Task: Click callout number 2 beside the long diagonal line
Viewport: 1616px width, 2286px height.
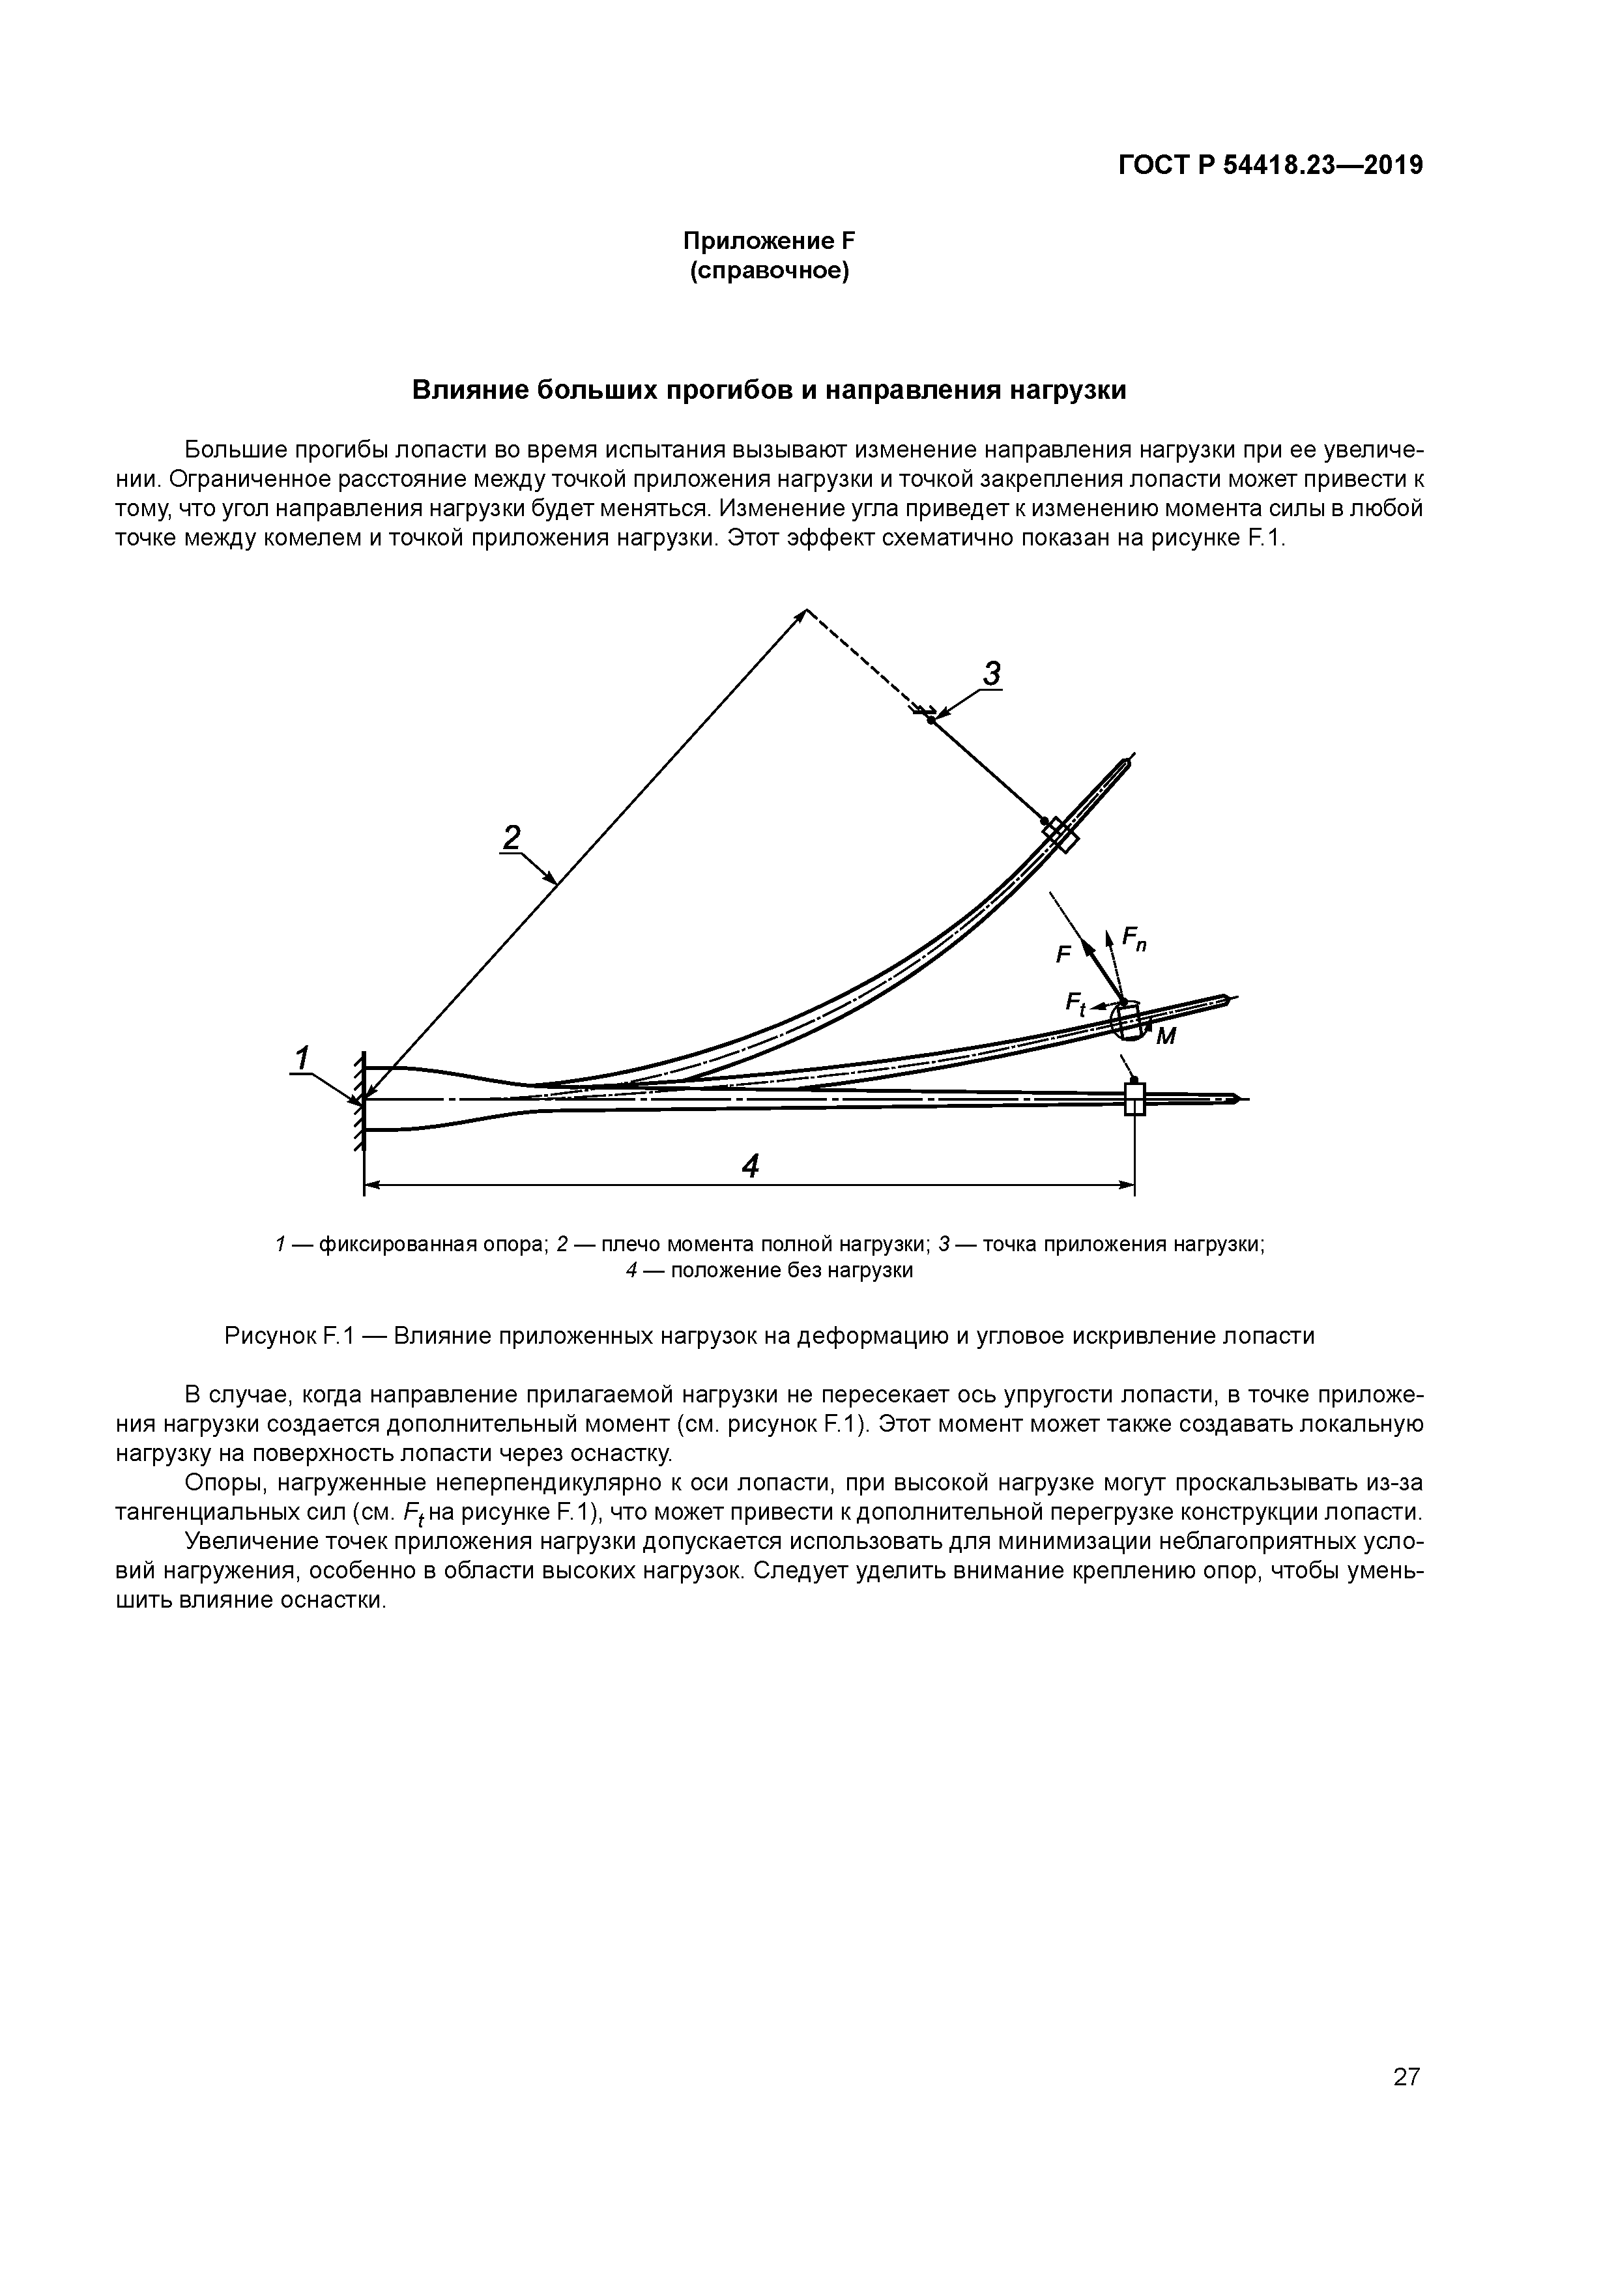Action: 512,837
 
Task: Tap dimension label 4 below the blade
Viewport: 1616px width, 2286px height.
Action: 751,1166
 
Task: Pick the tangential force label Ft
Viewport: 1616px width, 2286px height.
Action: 1075,1003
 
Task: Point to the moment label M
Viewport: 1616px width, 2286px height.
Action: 1166,1037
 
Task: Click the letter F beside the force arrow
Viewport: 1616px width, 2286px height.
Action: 1062,955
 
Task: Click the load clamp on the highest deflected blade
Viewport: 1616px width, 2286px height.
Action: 1060,834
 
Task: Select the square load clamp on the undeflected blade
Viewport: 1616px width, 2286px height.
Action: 1134,1099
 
